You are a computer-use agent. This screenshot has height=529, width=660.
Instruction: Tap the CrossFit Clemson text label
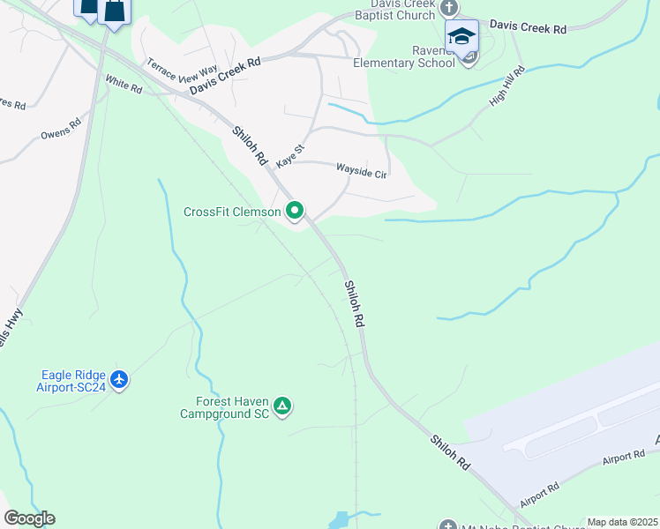[232, 212]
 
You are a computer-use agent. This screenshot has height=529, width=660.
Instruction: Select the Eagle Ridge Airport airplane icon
[120, 380]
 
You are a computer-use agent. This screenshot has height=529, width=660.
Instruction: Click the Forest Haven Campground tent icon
[282, 406]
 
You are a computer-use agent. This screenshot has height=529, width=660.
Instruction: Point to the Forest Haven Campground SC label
[224, 406]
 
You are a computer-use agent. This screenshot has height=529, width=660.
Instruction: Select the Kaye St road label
[289, 157]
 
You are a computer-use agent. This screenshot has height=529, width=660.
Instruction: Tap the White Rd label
[124, 84]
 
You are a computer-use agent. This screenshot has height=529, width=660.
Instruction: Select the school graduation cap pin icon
[461, 35]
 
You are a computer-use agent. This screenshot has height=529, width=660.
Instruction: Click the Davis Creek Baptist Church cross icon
[449, 8]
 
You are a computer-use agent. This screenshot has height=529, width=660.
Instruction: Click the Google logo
[29, 518]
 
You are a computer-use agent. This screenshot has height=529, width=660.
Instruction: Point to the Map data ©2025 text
[622, 522]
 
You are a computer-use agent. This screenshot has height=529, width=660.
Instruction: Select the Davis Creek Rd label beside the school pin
[529, 28]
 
